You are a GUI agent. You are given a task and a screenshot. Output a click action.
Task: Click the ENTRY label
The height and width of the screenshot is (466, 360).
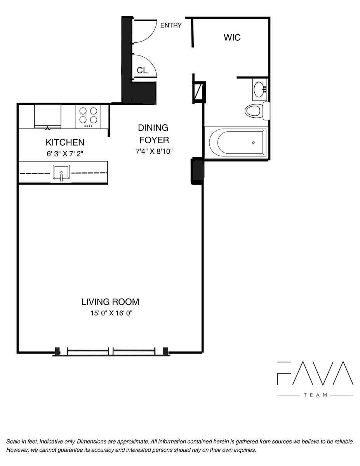[171, 25]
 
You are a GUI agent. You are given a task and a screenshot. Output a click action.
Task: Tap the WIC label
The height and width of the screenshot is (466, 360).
[232, 38]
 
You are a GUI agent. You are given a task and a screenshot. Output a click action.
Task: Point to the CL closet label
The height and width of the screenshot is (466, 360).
[142, 70]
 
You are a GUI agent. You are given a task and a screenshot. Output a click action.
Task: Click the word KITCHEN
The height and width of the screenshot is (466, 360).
[65, 143]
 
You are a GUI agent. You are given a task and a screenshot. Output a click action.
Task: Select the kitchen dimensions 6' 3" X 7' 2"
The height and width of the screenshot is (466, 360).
[65, 154]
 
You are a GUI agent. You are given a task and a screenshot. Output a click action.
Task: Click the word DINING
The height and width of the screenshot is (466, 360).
[153, 128]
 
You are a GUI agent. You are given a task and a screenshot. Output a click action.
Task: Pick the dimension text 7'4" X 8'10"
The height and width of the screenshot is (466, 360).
[154, 151]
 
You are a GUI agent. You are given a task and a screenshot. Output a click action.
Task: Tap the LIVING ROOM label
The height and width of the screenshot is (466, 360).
[110, 302]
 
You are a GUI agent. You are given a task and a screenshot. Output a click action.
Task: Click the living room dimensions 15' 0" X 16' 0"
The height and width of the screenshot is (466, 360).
[111, 313]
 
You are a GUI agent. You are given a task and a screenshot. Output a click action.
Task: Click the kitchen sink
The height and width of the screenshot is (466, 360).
[61, 172]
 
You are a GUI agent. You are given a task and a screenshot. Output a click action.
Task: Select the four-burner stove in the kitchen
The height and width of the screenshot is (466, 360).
[88, 117]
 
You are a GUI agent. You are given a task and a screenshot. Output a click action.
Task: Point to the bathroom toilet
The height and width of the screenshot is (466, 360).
[257, 111]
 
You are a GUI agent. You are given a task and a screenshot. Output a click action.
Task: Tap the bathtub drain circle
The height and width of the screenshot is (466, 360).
[253, 143]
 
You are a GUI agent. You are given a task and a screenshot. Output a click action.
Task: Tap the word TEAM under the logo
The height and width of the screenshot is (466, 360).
[315, 395]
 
